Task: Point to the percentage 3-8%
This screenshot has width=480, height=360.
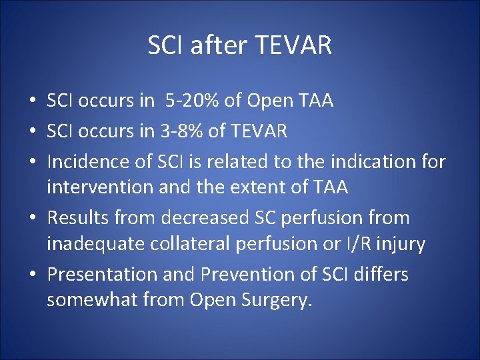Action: click(x=180, y=131)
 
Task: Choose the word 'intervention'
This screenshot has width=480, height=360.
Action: click(x=99, y=188)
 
